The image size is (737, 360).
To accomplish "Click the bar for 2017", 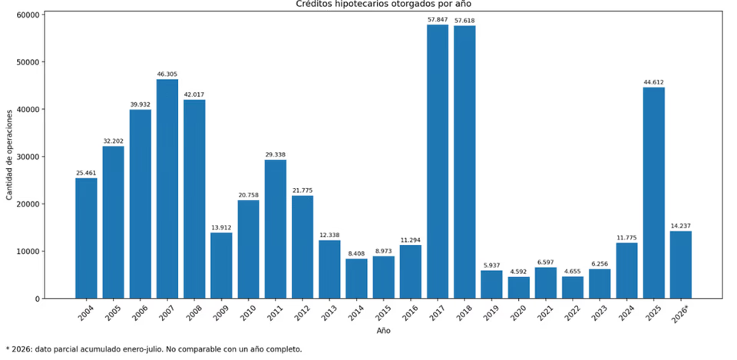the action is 437,161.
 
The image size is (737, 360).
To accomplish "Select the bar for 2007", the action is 167,189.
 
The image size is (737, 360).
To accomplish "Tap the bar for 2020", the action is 519,288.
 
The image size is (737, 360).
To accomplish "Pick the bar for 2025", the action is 654,193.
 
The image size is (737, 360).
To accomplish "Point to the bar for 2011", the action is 276,229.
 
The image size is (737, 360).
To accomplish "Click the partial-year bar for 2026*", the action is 681,265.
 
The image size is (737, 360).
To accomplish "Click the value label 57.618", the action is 464,21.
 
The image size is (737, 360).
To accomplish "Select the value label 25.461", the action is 86,173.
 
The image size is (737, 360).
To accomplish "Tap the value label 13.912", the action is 221,227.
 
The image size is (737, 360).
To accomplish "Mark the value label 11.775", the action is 627,238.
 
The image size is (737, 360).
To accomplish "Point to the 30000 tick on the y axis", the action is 29,157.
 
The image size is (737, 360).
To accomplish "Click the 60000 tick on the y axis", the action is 29,15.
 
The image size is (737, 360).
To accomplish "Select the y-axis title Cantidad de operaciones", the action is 9,157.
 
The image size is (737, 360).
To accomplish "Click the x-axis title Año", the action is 383,331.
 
